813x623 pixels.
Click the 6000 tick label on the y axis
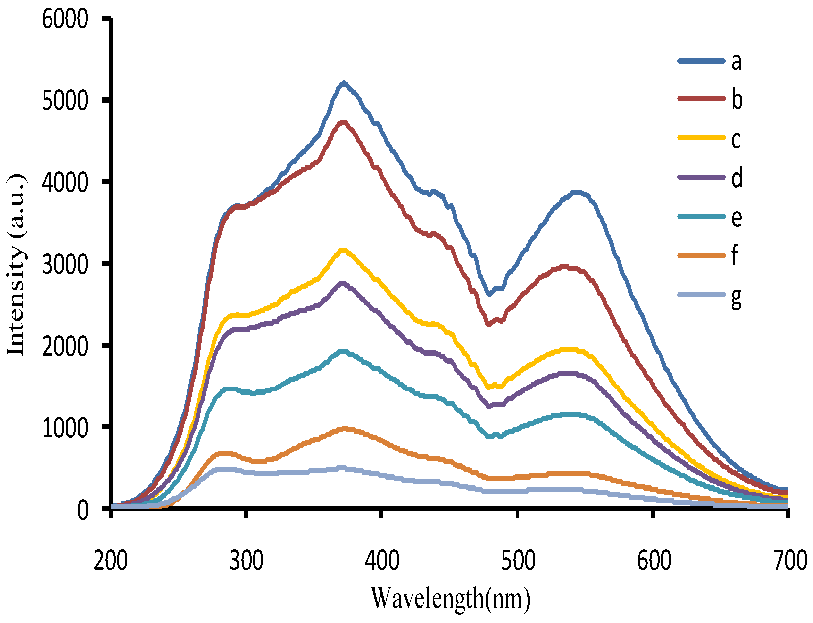point(65,19)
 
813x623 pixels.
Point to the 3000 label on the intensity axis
point(65,264)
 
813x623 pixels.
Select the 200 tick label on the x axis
point(110,561)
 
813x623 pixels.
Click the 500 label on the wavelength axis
point(518,561)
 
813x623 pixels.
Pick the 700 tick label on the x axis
point(790,561)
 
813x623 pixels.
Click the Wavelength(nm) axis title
point(451,598)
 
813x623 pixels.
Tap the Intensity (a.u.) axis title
point(16,265)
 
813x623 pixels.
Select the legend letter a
point(736,62)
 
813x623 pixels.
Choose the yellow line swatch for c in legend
point(701,138)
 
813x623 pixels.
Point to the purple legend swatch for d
point(701,177)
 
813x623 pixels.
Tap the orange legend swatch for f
point(701,255)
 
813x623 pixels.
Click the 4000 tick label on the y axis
point(65,183)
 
